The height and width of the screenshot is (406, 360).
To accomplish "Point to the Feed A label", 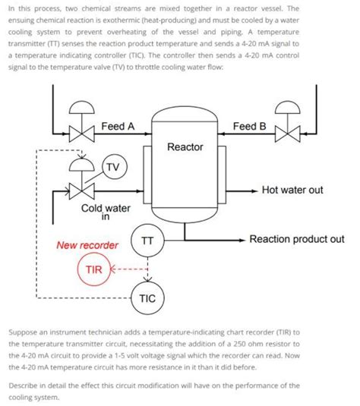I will point(118,126).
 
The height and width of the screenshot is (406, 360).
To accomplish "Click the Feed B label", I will point(249,126).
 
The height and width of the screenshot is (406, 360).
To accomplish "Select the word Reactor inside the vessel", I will point(185,146).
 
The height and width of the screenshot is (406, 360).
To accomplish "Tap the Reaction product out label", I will point(297,239).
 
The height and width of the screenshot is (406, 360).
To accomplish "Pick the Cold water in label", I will point(106,210).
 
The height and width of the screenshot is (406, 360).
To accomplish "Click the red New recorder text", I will point(87,245).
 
